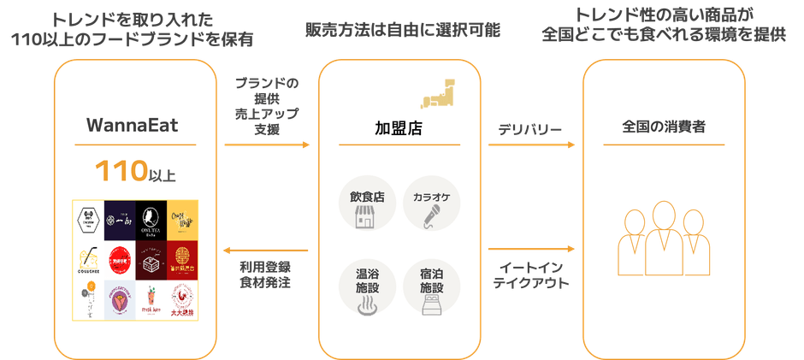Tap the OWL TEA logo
click(151, 220)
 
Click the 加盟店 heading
click(399, 129)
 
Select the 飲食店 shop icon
click(367, 205)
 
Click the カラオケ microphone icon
click(431, 205)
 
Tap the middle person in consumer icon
click(663, 237)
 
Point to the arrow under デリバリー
click(530, 145)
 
